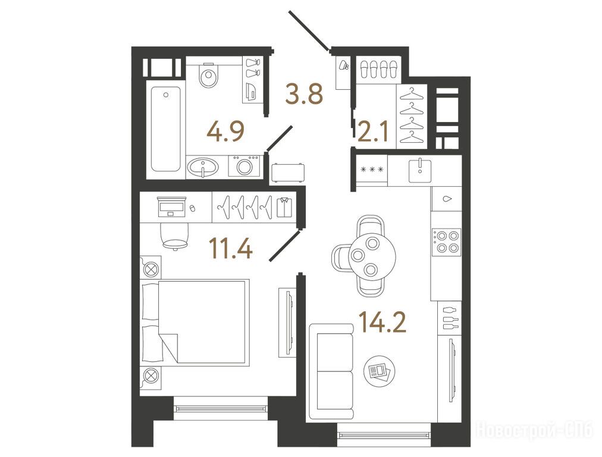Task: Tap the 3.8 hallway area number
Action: (304, 94)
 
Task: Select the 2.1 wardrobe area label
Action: (373, 131)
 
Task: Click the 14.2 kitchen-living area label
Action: (382, 322)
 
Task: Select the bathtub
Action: (165, 129)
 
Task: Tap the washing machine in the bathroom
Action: (244, 166)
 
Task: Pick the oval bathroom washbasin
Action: (203, 167)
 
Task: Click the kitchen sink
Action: (420, 170)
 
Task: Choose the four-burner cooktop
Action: (446, 242)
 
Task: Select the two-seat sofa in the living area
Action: (331, 371)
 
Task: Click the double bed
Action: (195, 321)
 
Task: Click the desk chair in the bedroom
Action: (175, 235)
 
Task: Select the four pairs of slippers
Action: (378, 69)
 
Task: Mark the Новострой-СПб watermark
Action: (535, 430)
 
